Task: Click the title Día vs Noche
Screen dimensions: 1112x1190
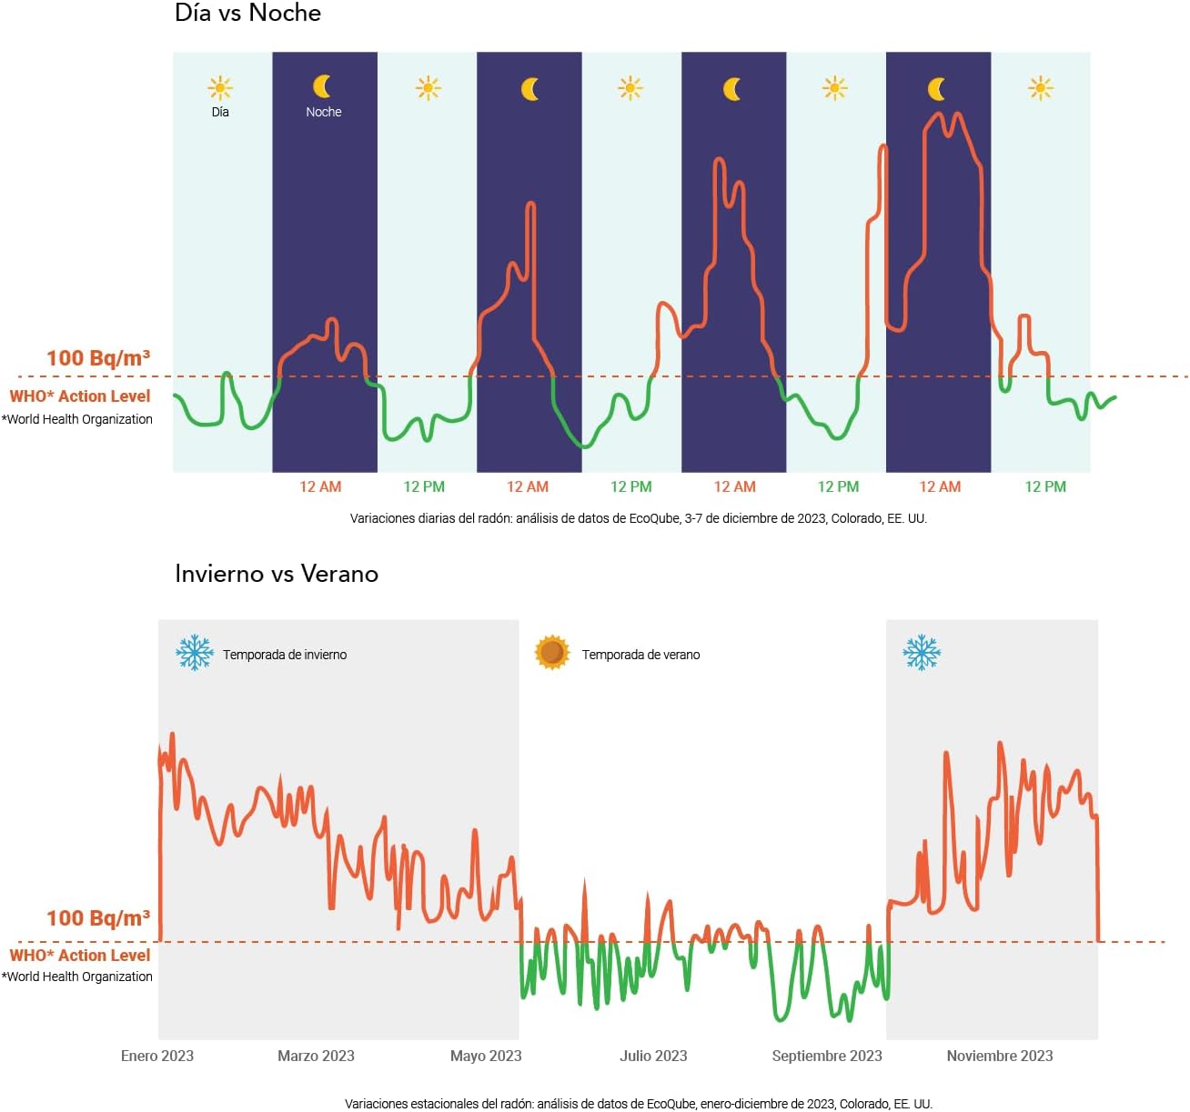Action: tap(247, 14)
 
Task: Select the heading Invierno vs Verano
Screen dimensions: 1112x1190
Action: tap(277, 574)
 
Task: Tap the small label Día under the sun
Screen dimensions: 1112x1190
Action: tap(220, 112)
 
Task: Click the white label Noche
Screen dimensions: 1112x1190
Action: tap(324, 112)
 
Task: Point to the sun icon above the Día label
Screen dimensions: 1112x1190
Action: tap(220, 88)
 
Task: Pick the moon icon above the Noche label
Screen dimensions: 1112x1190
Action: tap(322, 86)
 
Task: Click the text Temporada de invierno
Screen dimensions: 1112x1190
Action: tap(285, 655)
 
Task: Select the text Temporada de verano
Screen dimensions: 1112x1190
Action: tap(640, 655)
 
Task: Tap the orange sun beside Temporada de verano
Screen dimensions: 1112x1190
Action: tap(552, 653)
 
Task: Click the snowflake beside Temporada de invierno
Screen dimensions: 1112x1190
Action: tap(195, 653)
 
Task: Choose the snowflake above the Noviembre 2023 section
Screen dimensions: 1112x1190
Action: tap(922, 653)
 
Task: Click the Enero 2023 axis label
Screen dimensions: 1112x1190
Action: tap(157, 1056)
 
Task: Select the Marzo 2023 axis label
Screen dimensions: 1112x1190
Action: tap(316, 1056)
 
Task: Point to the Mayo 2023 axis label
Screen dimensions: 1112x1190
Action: tap(486, 1056)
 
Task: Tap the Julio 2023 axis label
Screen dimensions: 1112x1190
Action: tap(653, 1056)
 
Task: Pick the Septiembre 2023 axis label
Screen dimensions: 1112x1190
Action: tap(827, 1056)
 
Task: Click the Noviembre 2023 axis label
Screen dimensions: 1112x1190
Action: tap(1000, 1056)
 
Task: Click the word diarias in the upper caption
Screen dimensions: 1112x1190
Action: tap(431, 518)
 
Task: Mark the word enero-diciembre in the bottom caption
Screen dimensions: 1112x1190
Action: tap(743, 1104)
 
